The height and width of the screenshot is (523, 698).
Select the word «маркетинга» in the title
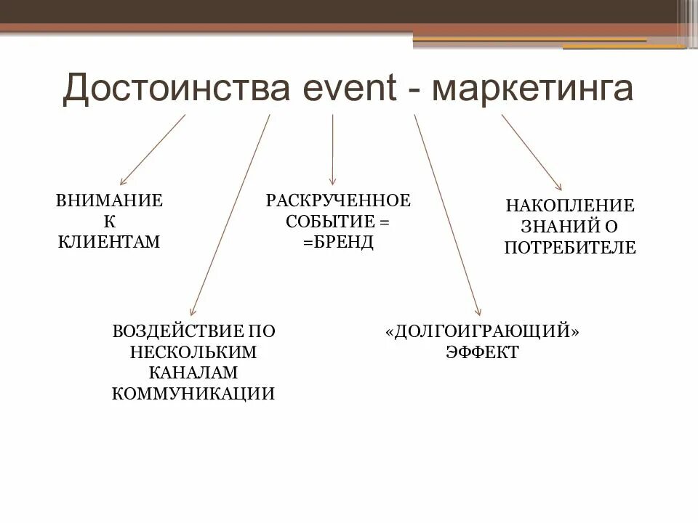point(532,90)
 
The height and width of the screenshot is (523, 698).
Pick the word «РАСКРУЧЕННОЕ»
point(338,200)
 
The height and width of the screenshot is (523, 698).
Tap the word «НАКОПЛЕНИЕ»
point(570,206)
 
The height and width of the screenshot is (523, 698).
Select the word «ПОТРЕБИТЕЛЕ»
point(570,248)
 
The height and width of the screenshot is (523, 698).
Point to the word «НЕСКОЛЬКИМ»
point(193,352)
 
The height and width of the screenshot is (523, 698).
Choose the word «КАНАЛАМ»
point(193,373)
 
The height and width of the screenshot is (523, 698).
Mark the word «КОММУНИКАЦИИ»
point(193,394)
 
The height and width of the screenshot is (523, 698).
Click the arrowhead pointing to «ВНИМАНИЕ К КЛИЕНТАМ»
point(122,182)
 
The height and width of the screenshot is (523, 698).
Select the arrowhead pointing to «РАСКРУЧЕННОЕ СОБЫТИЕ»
point(333,182)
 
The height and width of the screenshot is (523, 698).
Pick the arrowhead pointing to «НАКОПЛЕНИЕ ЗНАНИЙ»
point(558,187)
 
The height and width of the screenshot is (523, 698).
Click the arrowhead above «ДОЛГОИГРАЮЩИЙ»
point(478,312)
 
